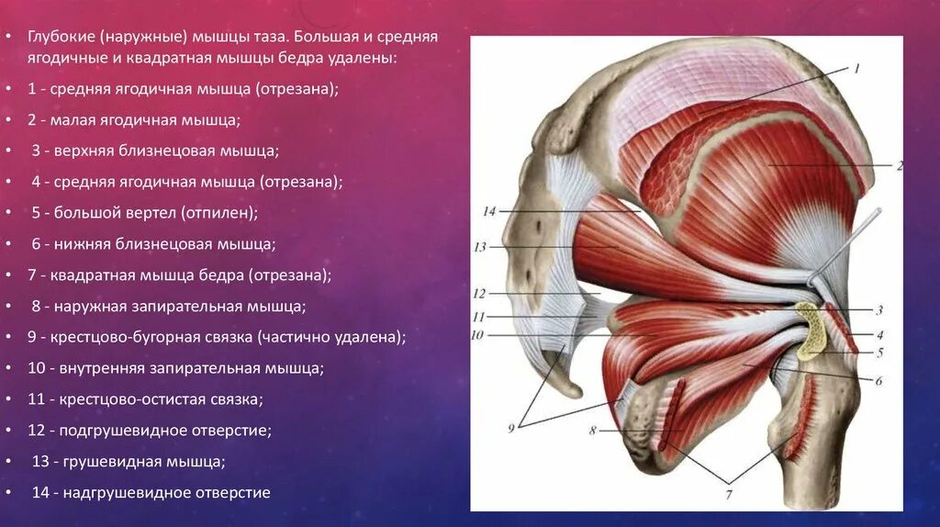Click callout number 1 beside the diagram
click(856, 69)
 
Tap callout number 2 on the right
click(900, 166)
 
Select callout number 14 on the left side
click(488, 211)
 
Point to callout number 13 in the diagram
click(479, 247)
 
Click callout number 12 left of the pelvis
click(478, 294)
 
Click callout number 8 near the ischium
click(594, 430)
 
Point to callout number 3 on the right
click(878, 310)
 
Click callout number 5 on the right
click(878, 352)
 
